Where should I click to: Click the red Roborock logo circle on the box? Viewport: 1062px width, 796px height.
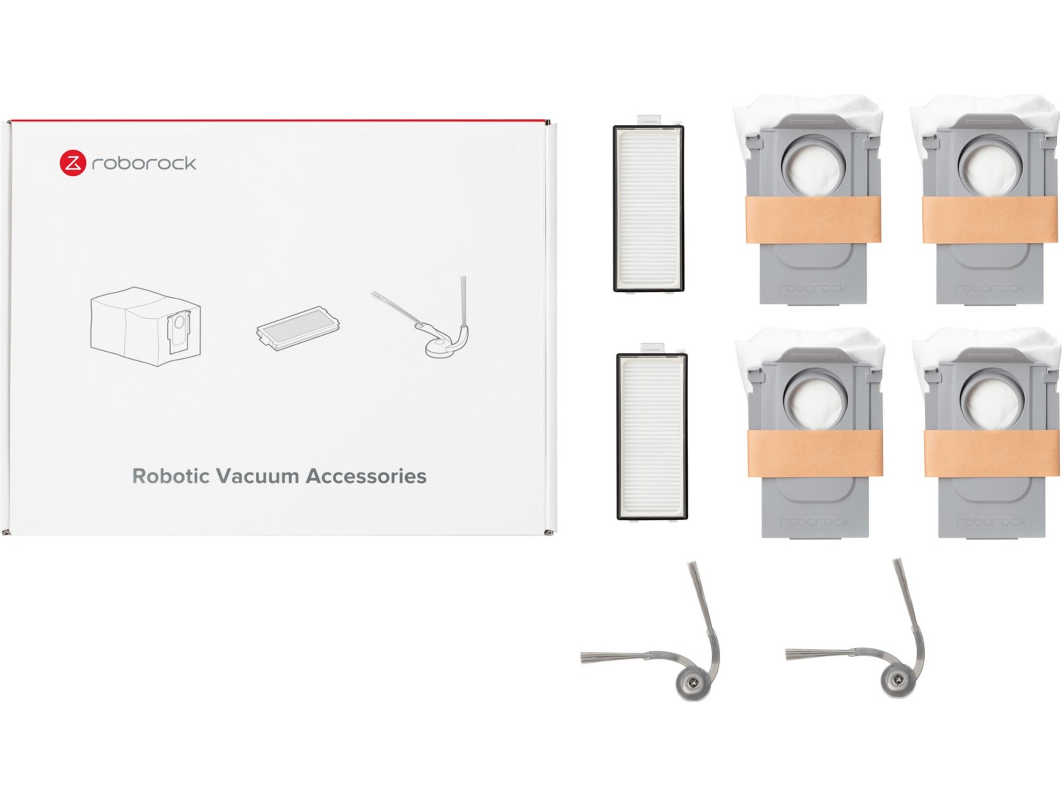(73, 163)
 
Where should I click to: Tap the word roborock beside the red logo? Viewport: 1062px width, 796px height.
(144, 164)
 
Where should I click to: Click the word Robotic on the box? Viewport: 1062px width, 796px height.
(170, 476)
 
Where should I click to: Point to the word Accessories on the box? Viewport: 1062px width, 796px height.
(366, 476)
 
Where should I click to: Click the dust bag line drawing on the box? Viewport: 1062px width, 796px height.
(146, 326)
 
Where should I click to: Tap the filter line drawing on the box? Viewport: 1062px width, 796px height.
(298, 329)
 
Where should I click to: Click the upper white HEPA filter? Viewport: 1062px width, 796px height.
(649, 209)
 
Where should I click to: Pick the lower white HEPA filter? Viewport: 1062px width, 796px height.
(652, 436)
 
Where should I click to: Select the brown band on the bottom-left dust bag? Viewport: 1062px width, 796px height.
(815, 453)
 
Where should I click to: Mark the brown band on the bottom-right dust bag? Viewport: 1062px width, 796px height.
(991, 453)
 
